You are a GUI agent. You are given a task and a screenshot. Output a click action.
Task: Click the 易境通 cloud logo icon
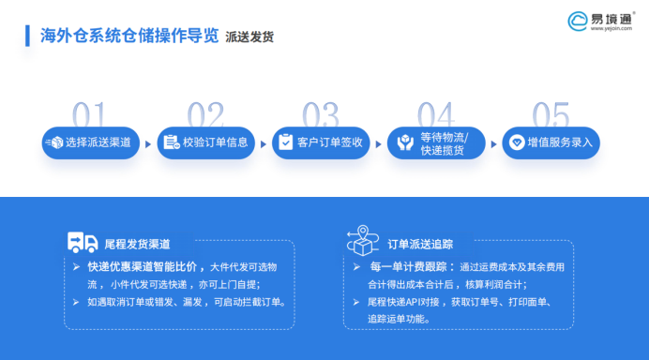pos(578,19)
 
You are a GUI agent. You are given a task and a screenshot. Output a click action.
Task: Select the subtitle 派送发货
pos(250,37)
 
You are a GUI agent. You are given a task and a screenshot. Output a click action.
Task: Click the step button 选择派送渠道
pos(91,142)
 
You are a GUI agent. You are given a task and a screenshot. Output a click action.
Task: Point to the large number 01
pos(89,114)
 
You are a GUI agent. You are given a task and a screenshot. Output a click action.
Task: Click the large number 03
pos(320,114)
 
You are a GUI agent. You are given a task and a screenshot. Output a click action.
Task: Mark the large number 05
pos(551,114)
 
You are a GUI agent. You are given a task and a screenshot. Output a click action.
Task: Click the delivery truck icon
pos(83,243)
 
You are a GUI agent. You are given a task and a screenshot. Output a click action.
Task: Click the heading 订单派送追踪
pos(420,244)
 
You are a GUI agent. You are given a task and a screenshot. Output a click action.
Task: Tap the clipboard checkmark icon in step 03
pos(285,142)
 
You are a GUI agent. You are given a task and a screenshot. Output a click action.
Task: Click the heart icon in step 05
pos(515,142)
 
